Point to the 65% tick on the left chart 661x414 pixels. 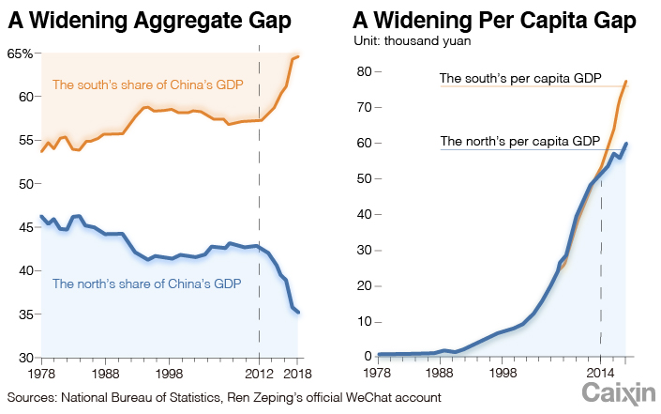pos(21,54)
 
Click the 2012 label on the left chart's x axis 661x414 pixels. pos(259,372)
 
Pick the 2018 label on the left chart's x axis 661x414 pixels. pos(298,372)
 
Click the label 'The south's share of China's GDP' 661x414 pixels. pos(147,85)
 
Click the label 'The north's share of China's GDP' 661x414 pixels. pos(146,284)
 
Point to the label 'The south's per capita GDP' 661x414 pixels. pos(520,78)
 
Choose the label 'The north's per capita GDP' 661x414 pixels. pos(520,142)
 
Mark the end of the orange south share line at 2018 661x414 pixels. pos(298,57)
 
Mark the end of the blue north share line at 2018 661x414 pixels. pos(298,313)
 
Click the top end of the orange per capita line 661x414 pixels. pos(626,82)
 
